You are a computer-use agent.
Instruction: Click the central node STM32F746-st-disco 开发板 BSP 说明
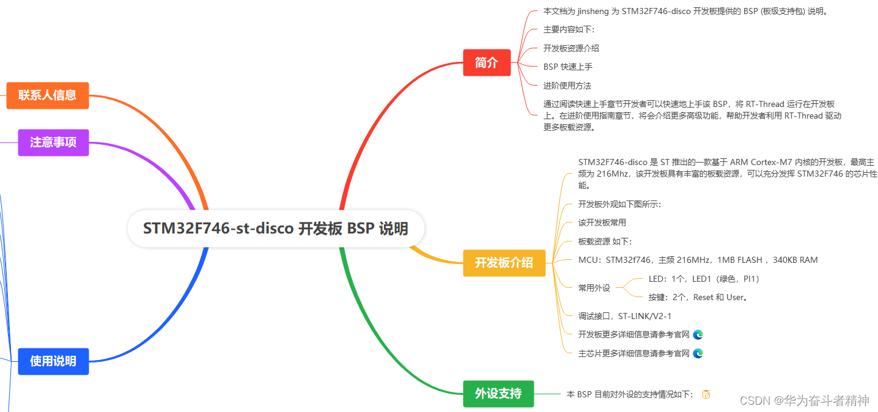(276, 229)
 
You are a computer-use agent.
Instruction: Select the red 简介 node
(487, 62)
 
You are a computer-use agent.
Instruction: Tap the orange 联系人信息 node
(48, 95)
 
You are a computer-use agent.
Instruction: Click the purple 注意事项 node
(53, 142)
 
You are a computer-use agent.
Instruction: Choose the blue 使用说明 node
(53, 361)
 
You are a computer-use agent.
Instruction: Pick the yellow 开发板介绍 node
(504, 263)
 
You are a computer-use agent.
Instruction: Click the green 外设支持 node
(498, 394)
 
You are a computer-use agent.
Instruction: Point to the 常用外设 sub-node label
(594, 288)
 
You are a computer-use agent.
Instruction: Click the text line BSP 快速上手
(567, 67)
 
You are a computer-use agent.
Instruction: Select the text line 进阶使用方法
(567, 86)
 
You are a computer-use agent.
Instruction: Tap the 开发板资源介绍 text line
(571, 48)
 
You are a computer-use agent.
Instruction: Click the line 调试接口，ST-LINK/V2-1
(624, 316)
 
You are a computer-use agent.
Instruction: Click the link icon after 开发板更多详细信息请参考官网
(698, 334)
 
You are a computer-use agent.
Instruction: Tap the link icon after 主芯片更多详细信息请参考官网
(698, 353)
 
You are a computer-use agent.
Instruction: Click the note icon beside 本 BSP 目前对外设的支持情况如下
(707, 394)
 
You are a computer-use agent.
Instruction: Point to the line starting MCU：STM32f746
(698, 260)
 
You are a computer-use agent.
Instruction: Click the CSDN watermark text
(804, 400)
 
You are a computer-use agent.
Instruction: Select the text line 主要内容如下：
(569, 29)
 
